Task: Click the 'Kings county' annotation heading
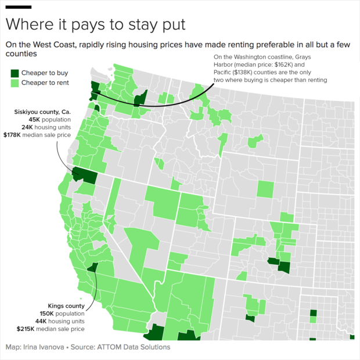pyautogui.click(x=66, y=306)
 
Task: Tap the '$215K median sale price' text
pyautogui.click(x=51, y=329)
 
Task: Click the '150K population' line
pyautogui.click(x=62, y=314)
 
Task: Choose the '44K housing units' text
pyautogui.click(x=60, y=321)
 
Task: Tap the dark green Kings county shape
pyautogui.click(x=91, y=268)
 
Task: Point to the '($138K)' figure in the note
pyautogui.click(x=238, y=73)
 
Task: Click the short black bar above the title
pyautogui.click(x=19, y=7)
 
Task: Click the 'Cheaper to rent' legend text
pyautogui.click(x=45, y=84)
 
